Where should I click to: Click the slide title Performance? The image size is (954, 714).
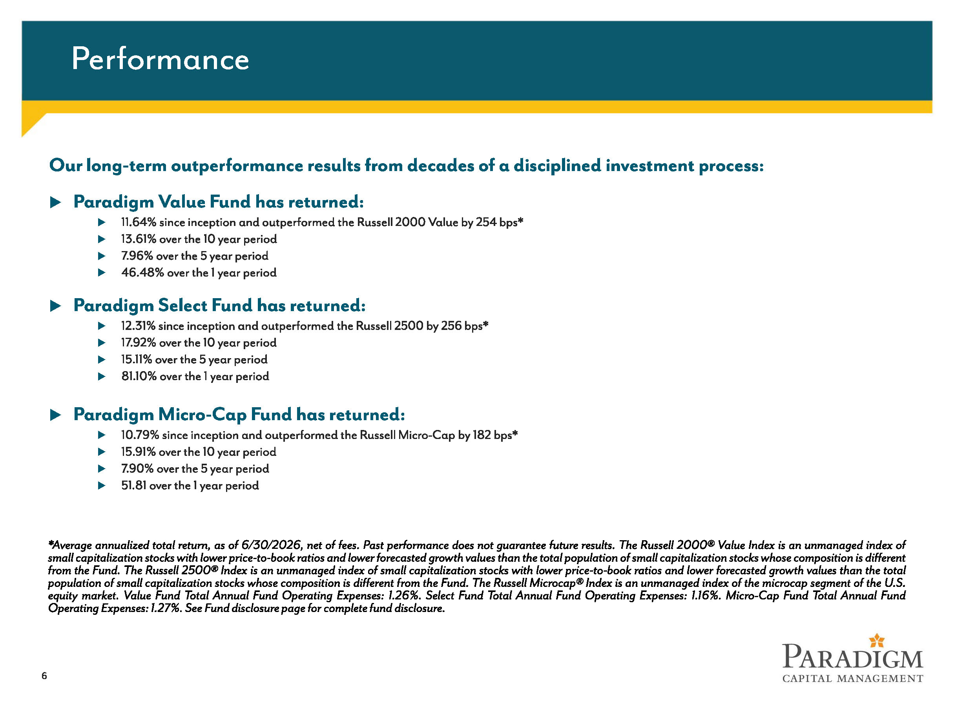click(161, 60)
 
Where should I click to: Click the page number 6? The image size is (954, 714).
click(44, 676)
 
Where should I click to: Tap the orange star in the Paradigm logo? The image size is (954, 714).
click(877, 641)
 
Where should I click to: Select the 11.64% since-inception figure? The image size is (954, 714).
click(138, 222)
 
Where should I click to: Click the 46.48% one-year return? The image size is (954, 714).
click(142, 273)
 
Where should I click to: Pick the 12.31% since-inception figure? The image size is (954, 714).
click(138, 326)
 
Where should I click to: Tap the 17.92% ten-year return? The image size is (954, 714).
click(138, 343)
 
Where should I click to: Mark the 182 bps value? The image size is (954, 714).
click(492, 435)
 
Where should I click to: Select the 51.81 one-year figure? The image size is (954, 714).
click(134, 486)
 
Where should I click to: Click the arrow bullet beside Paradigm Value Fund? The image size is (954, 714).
click(56, 202)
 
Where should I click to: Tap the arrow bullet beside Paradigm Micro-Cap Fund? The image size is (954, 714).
click(56, 415)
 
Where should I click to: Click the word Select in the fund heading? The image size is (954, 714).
click(183, 306)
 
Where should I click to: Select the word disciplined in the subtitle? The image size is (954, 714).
click(557, 166)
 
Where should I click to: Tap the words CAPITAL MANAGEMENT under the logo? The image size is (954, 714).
click(853, 679)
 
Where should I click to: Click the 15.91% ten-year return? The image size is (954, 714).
click(138, 452)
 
